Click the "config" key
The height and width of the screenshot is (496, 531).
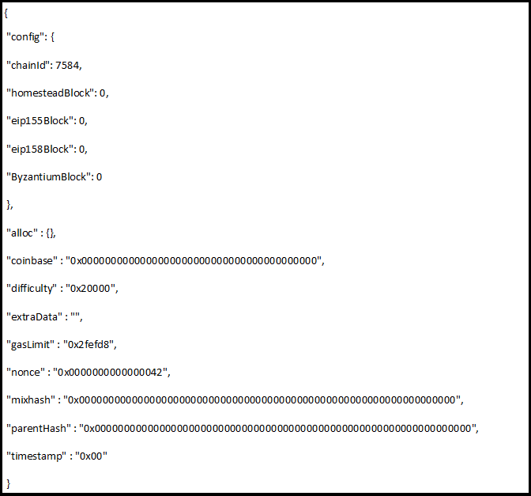pos(24,36)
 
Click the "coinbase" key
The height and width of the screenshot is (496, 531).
pos(30,260)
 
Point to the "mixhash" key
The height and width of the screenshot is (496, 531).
pos(29,399)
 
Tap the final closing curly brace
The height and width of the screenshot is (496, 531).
pos(8,483)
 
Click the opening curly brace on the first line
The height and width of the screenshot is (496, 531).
pos(6,9)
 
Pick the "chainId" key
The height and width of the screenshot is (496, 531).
pos(28,65)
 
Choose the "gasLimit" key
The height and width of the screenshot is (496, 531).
pos(29,344)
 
